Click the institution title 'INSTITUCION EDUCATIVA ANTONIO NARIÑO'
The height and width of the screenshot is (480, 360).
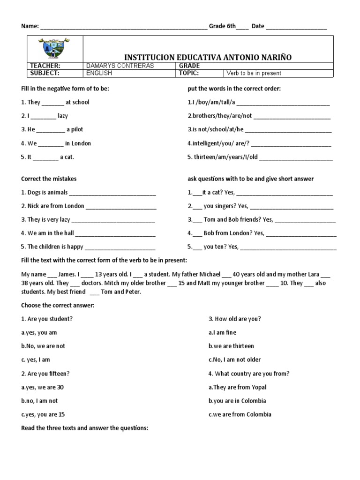[x=208, y=57]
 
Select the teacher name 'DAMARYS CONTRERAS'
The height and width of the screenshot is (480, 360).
[x=120, y=66]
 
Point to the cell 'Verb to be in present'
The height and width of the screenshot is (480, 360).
[x=254, y=73]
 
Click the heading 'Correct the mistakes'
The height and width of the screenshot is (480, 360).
[x=49, y=179]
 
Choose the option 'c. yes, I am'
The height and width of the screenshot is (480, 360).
[x=36, y=360]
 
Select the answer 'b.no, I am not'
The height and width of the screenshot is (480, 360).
[x=39, y=401]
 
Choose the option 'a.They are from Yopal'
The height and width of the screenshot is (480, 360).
[x=239, y=387]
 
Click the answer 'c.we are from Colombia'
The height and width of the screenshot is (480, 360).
[x=240, y=414]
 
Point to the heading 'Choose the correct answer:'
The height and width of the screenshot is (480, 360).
[x=58, y=305]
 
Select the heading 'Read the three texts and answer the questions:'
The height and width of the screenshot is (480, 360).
[x=85, y=428]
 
